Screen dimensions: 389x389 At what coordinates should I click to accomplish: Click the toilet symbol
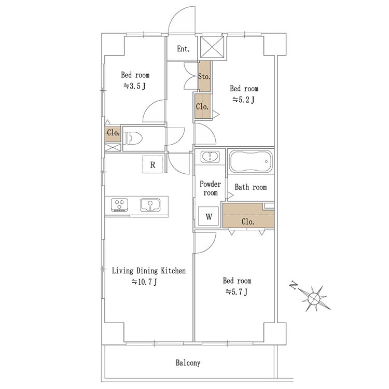pyautogui.click(x=134, y=138)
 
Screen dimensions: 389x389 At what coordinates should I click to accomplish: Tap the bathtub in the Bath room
pyautogui.click(x=251, y=161)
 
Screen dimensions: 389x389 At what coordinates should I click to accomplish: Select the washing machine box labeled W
pyautogui.click(x=209, y=216)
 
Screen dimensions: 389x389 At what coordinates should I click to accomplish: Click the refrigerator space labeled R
pyautogui.click(x=152, y=164)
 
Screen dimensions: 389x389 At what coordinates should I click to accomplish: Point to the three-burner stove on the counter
pyautogui.click(x=119, y=205)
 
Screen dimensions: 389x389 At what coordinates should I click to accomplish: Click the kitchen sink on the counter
pyautogui.click(x=150, y=205)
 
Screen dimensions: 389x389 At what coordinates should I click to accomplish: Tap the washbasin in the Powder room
pyautogui.click(x=210, y=157)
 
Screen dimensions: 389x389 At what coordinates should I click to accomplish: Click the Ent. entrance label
pyautogui.click(x=183, y=49)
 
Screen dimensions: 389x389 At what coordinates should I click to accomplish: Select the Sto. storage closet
pyautogui.click(x=204, y=76)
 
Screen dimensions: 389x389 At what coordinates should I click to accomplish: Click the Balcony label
pyautogui.click(x=188, y=363)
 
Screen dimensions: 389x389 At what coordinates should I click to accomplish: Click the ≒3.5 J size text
pyautogui.click(x=135, y=86)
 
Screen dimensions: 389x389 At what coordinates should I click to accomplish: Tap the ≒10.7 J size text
pyautogui.click(x=144, y=282)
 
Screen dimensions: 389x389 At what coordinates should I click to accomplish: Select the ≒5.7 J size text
pyautogui.click(x=237, y=291)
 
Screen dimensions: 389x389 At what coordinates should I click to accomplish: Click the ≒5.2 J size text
pyautogui.click(x=243, y=100)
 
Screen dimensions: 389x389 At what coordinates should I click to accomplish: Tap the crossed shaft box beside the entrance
pyautogui.click(x=212, y=48)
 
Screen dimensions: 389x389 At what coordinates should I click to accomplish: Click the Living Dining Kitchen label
pyautogui.click(x=149, y=271)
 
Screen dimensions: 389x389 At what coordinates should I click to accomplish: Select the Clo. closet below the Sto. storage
pyautogui.click(x=203, y=106)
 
